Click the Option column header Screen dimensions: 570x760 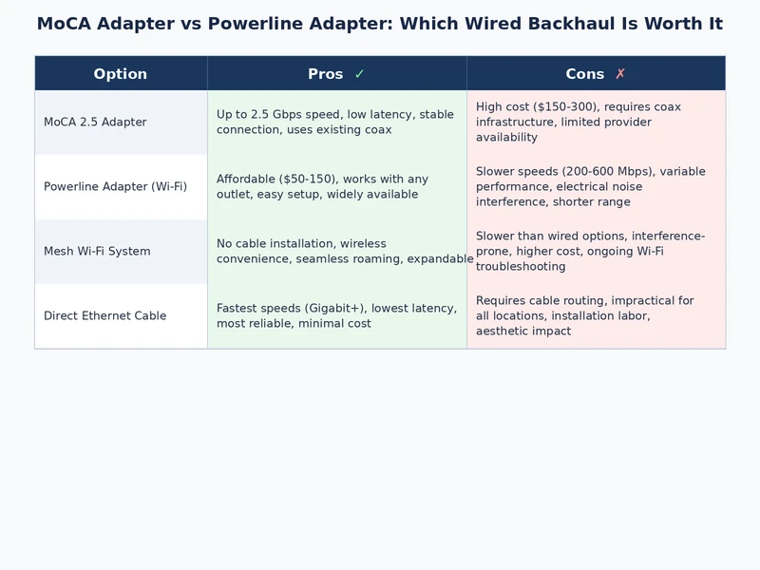tap(121, 74)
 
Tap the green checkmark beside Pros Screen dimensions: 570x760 tap(359, 74)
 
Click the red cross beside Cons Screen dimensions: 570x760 tap(620, 74)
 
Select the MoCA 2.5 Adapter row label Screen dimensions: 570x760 tap(95, 123)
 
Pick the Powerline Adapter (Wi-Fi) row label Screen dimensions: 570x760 tap(115, 187)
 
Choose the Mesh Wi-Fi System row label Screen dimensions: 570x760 tap(97, 252)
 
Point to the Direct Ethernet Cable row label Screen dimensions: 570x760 tap(104, 316)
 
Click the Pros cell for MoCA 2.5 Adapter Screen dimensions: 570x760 tap(336, 123)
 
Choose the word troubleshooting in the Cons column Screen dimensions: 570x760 tap(521, 267)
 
